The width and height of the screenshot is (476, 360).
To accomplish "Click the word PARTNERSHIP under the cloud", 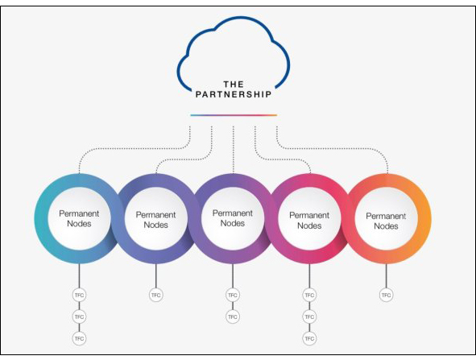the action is point(234,94).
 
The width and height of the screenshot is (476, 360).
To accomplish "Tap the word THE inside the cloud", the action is point(234,84).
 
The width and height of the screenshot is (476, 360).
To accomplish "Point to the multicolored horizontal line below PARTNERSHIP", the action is point(234,115).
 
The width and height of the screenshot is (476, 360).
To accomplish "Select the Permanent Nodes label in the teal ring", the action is point(79,218).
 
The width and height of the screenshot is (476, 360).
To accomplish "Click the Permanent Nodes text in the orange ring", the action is point(386,221).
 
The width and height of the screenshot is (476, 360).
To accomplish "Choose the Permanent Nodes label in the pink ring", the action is point(309,221).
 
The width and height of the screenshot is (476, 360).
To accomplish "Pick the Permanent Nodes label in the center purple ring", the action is point(233,218).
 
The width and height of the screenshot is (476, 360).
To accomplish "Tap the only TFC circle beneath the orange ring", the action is point(386,295).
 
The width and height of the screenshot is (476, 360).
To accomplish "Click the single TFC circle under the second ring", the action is point(156,295).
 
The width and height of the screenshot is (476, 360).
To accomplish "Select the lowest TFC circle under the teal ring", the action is point(79,338).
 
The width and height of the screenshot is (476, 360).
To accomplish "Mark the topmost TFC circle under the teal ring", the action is point(79,295).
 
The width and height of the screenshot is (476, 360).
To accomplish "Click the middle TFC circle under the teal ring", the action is point(79,317).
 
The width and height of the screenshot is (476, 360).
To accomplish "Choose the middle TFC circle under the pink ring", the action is point(309,317).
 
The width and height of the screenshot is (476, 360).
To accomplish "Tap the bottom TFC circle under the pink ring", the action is point(309,338).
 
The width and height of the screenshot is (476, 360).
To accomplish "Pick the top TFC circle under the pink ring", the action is point(309,295).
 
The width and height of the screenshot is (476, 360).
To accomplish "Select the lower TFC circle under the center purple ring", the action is point(233,317).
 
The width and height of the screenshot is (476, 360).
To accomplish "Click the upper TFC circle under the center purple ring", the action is point(233,295).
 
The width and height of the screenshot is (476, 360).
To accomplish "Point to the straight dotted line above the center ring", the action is point(233,150).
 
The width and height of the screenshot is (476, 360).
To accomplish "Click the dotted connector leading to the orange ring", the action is point(333,149).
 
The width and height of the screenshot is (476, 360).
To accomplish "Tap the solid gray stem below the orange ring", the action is point(386,276).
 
